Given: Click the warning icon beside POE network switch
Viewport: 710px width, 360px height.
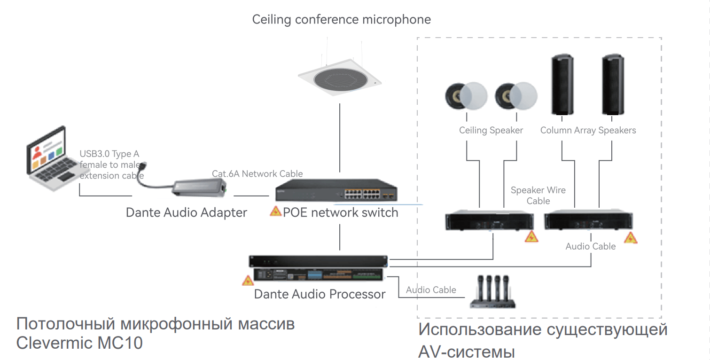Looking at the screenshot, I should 275,211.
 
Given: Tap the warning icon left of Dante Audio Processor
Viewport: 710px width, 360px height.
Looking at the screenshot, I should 248,281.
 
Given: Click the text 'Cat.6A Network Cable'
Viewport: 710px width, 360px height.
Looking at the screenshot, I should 257,174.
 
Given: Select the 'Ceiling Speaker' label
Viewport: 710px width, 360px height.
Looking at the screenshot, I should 491,130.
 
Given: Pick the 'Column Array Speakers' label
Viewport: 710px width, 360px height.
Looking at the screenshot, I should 588,130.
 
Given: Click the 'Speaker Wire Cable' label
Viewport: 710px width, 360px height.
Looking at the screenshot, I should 538,196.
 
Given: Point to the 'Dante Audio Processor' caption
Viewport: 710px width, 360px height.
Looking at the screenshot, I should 320,294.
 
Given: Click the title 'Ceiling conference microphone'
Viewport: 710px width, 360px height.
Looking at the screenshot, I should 341,20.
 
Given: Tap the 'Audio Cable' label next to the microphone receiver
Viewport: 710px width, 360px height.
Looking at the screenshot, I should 431,290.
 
